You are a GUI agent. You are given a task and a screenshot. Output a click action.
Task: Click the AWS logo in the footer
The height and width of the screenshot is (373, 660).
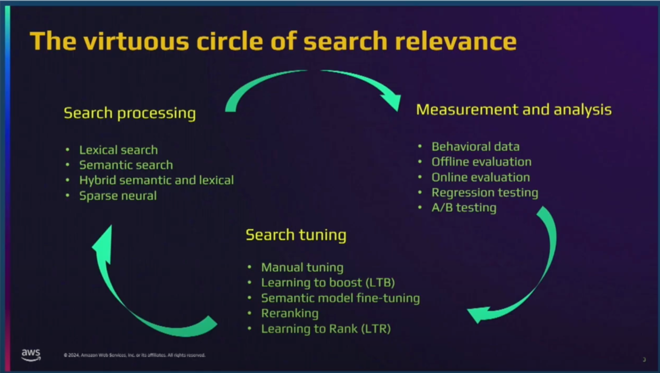pos(31,355)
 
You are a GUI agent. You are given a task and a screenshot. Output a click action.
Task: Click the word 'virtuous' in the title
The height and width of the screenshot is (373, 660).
pos(136,41)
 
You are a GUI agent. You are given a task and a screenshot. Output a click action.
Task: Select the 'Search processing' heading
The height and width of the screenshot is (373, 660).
pos(130,113)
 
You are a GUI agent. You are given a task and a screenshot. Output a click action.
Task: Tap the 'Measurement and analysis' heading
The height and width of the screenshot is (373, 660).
pos(514,109)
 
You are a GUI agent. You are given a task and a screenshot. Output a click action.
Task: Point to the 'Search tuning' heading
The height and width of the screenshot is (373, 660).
pos(296,235)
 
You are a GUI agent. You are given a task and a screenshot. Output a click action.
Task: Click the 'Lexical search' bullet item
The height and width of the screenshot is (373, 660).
pos(118,150)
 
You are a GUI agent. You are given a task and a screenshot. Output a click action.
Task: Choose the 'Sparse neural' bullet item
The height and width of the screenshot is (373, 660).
pos(118,196)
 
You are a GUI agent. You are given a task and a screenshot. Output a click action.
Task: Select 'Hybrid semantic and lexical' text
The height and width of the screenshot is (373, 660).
pos(156,180)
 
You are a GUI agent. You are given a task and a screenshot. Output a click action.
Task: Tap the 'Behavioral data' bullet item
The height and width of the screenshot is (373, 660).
pos(475,146)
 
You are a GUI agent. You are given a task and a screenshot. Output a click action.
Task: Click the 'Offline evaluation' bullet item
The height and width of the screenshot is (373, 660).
pos(481,162)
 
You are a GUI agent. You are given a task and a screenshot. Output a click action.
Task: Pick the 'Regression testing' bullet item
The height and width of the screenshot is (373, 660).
pos(485,193)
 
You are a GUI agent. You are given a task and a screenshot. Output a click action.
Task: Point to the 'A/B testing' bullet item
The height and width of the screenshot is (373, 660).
pos(464,208)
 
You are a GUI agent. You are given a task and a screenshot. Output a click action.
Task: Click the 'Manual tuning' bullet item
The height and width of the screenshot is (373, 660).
pos(302,267)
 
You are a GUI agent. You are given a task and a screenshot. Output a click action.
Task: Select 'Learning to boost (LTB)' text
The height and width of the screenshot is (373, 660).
pos(328,283)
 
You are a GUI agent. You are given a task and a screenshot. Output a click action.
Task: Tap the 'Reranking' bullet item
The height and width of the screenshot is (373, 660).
pos(290,314)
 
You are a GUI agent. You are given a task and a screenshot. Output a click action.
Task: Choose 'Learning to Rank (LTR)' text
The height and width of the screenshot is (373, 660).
pos(326,329)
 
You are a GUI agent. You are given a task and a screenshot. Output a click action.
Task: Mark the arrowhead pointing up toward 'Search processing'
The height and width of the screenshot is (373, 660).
pos(104,243)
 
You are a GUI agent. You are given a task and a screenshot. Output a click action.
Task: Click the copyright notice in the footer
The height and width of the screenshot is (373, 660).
pos(134,355)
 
